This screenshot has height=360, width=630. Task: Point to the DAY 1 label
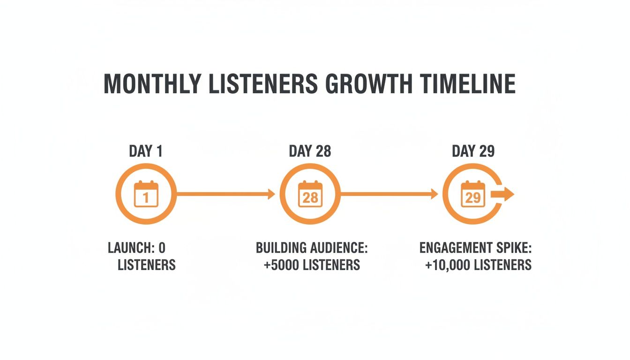point(146,151)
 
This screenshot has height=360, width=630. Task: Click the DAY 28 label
point(310,151)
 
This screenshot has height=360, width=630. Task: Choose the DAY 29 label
point(473,151)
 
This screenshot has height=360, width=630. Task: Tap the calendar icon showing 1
point(146,194)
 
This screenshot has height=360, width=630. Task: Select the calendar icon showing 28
point(310,194)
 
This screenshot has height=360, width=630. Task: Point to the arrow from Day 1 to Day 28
point(225,194)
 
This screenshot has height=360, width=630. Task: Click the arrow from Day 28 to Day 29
point(389,194)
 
